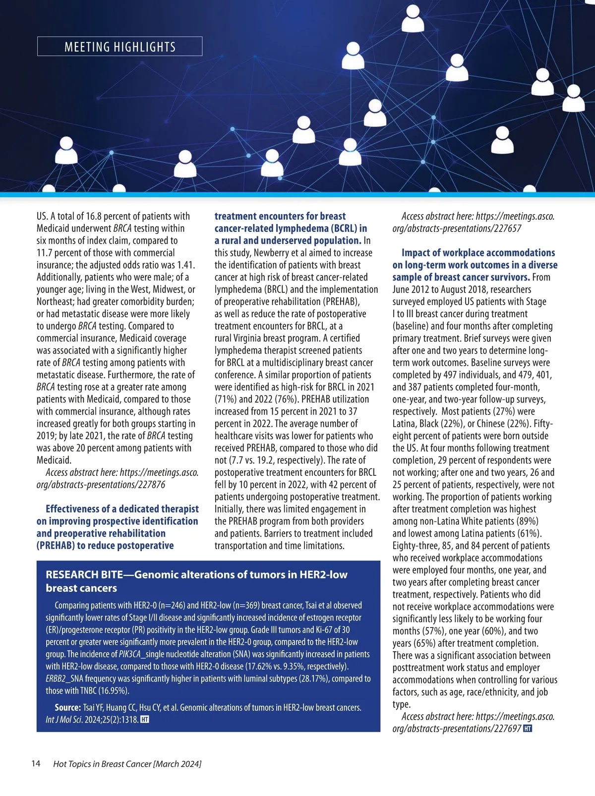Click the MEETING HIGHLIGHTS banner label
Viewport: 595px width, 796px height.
click(120, 47)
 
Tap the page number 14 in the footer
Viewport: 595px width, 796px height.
click(36, 763)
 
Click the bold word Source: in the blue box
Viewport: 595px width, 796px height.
click(68, 707)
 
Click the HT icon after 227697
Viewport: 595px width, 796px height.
click(528, 729)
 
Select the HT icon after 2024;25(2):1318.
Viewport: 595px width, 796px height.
click(145, 719)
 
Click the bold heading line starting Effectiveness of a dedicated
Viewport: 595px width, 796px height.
click(122, 509)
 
